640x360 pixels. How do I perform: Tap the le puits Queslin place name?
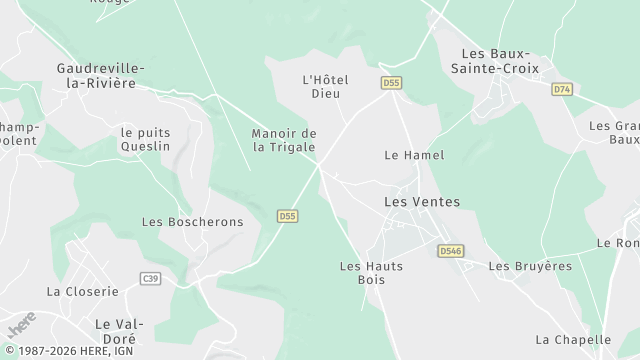[145, 138]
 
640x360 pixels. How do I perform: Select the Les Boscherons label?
[192, 222]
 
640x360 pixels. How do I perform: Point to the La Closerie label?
[82, 291]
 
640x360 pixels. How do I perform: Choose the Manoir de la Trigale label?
[284, 140]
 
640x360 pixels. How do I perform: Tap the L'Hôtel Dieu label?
[323, 86]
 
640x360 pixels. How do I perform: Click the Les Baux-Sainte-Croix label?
[500, 60]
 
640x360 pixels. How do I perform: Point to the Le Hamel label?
[414, 155]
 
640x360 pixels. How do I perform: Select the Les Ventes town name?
[422, 202]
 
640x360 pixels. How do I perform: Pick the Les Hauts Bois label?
[363, 273]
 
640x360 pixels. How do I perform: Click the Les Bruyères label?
[530, 266]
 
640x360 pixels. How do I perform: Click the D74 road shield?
[561, 89]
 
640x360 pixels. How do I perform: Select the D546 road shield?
[450, 252]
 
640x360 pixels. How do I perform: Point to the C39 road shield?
[151, 278]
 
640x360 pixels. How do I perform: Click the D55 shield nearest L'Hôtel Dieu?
[391, 82]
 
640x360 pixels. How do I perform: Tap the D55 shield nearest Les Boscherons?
[287, 215]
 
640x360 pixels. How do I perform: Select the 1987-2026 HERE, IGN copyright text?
[71, 351]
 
